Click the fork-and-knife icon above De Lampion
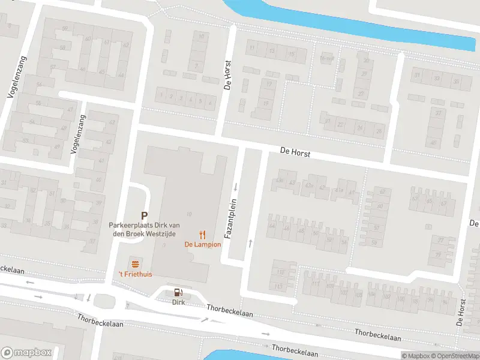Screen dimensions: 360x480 click(x=203, y=235)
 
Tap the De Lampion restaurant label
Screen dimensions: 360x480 click(x=203, y=245)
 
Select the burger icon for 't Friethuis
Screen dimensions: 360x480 click(x=135, y=264)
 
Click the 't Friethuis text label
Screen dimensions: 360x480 click(x=135, y=274)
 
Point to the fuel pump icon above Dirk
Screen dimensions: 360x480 click(x=178, y=293)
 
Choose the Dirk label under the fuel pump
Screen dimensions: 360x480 click(x=178, y=302)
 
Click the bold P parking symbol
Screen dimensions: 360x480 click(x=144, y=215)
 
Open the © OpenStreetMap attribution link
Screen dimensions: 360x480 click(x=454, y=356)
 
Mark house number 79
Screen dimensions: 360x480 click(x=438, y=255)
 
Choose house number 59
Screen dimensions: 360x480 click(x=374, y=242)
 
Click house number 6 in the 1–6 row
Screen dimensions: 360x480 click(x=209, y=102)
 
